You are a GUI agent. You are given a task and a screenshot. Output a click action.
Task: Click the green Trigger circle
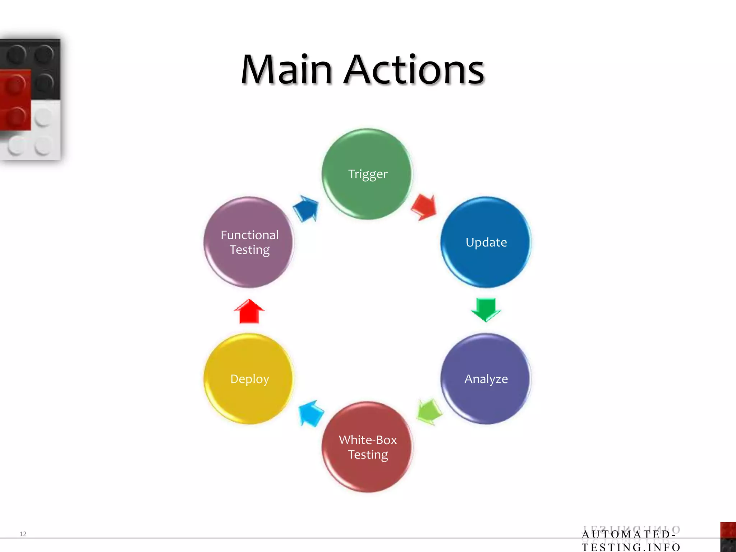coord(367,174)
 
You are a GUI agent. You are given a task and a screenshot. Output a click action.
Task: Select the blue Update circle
coord(486,242)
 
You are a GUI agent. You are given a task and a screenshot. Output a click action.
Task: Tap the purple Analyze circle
coord(486,379)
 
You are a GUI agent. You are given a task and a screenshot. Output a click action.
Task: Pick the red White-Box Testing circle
coord(367,447)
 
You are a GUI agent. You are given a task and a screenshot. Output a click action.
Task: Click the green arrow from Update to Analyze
coord(486,309)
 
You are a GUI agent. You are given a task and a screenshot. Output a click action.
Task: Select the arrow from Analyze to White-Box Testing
coord(429,412)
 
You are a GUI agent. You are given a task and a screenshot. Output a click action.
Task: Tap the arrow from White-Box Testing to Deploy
coord(311,413)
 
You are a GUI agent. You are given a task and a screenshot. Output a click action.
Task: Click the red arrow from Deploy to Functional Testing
coord(249,311)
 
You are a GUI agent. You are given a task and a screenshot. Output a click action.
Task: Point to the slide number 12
coord(23,534)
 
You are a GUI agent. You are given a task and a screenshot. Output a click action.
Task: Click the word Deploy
coord(249,379)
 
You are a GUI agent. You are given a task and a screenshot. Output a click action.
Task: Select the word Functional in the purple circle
coord(249,235)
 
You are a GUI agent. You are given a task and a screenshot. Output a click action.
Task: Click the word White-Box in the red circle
coord(368,440)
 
